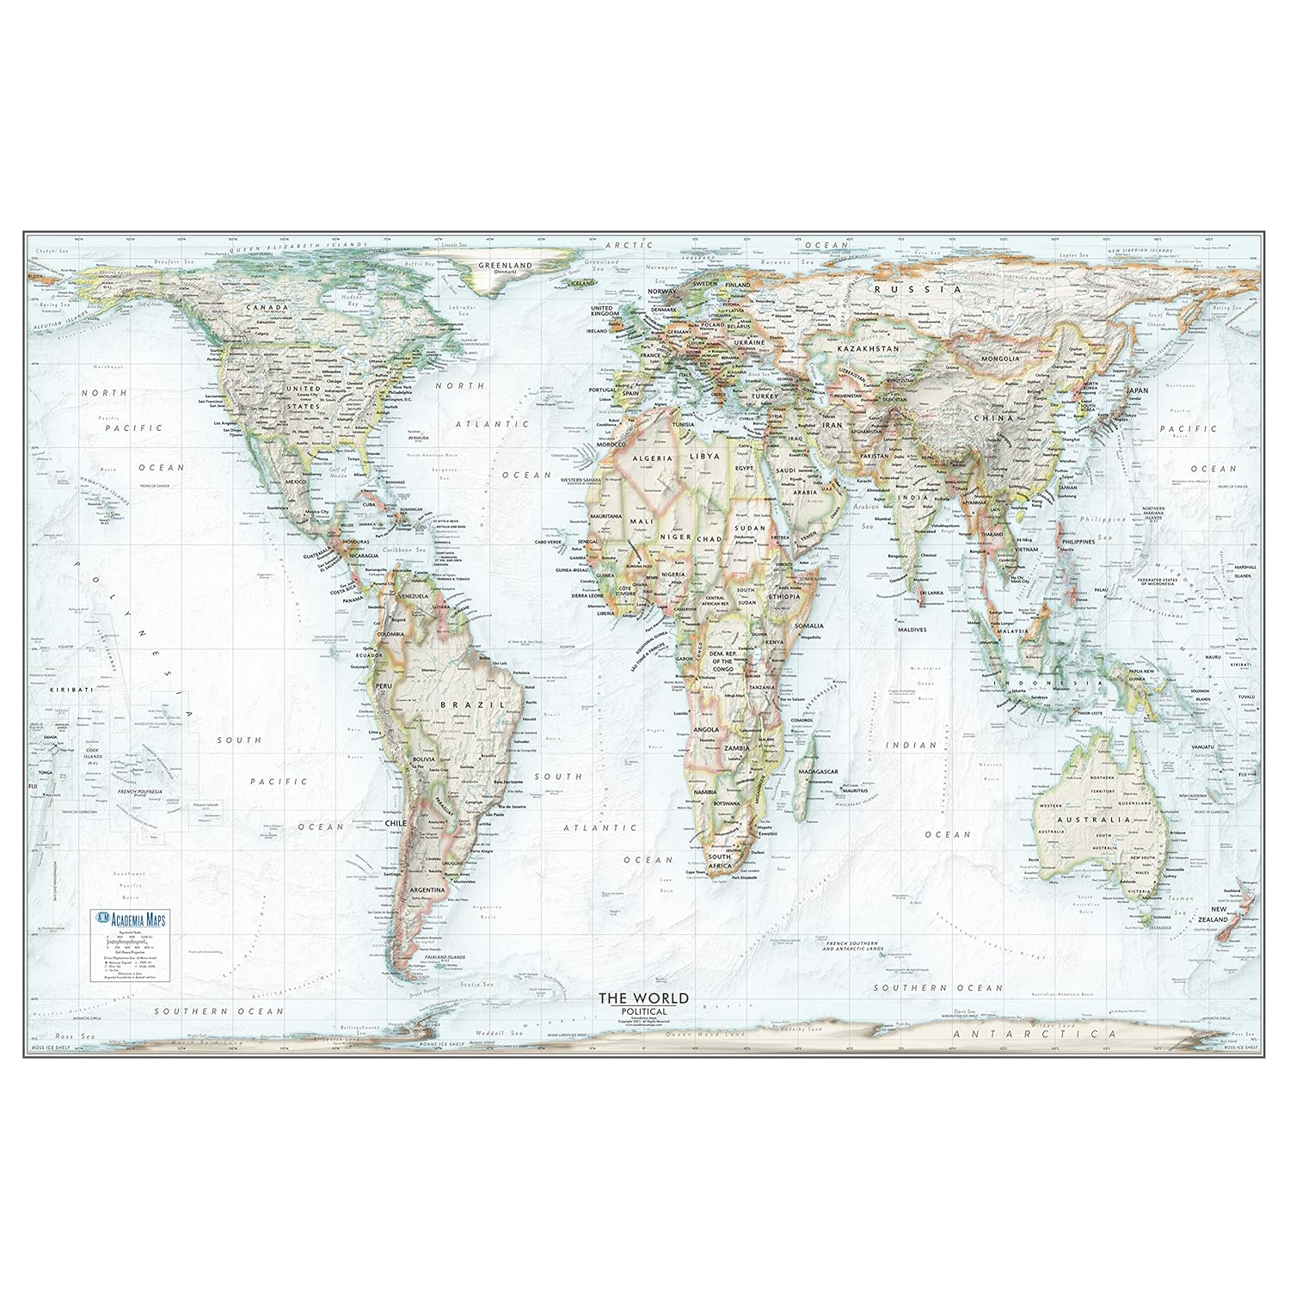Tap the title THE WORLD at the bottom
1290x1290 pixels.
(x=643, y=998)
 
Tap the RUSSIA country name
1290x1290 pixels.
(x=916, y=290)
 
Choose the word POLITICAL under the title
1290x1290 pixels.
(x=643, y=1010)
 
